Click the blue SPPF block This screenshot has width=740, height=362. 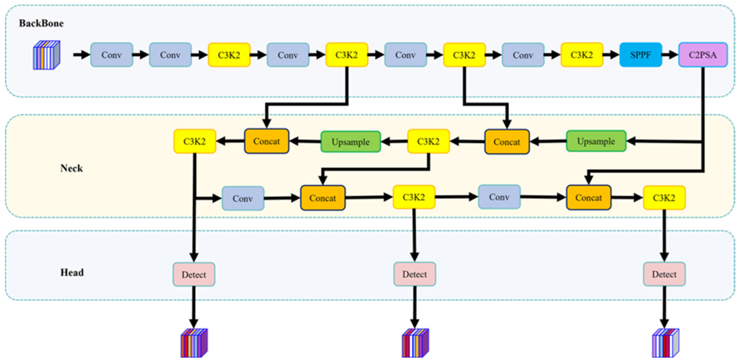click(640, 55)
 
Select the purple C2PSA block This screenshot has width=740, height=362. click(703, 55)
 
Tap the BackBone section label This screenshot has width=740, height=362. click(41, 23)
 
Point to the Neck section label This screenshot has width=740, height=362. click(71, 168)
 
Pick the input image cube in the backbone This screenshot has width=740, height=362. click(47, 55)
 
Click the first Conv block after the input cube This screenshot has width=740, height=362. click(111, 55)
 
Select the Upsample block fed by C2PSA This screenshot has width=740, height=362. click(596, 141)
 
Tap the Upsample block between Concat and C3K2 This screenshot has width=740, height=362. click(351, 142)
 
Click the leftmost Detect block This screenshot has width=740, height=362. click(194, 274)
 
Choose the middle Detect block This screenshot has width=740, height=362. click(414, 274)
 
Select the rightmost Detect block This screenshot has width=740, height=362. click(664, 274)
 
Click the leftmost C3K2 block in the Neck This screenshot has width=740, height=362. click(194, 141)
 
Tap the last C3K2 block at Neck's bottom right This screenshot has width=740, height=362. click(664, 198)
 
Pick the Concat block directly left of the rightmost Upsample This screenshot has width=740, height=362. click(507, 142)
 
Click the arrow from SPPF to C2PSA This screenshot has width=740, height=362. click(670, 55)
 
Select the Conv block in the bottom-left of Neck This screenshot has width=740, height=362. click(243, 198)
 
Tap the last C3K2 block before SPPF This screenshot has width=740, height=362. click(582, 55)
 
